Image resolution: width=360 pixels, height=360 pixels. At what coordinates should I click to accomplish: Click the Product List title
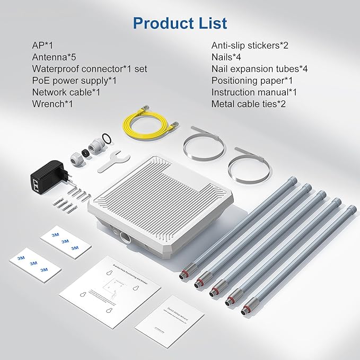point(180,23)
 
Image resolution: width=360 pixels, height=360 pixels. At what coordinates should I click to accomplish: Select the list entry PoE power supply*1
point(74,81)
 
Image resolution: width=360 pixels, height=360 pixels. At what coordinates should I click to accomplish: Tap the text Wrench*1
point(52,104)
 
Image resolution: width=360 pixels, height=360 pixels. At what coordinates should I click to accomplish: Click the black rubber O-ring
point(106,139)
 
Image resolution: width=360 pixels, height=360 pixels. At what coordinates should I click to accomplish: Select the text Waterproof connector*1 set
point(89,69)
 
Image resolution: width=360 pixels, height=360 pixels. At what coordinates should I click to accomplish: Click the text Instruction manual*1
point(254,92)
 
